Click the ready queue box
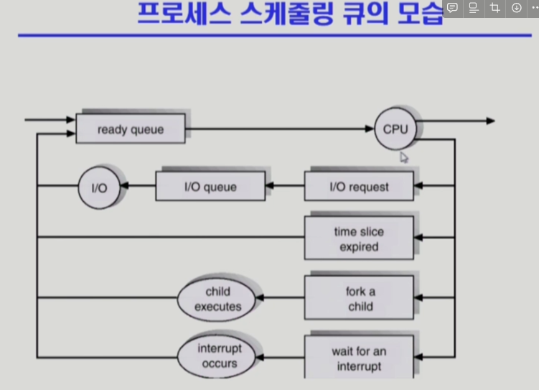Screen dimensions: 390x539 [x=131, y=130]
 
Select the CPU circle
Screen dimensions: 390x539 [x=395, y=129]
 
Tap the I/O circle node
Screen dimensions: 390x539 [x=98, y=187]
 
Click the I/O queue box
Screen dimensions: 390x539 [x=210, y=187]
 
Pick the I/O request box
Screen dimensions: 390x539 [x=359, y=187]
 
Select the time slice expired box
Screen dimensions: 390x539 [x=359, y=238]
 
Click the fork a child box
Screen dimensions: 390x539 [x=360, y=299]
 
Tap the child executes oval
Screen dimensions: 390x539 [x=217, y=299]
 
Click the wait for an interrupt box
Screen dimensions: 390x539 [x=360, y=358]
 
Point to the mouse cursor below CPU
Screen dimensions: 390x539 [x=404, y=157]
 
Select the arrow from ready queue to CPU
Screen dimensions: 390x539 [x=280, y=130]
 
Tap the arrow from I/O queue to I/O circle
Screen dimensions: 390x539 [x=138, y=187]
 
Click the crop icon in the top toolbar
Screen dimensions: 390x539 [x=495, y=8]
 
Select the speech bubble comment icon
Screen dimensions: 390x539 [x=452, y=8]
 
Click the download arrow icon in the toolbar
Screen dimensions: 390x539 [x=516, y=8]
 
